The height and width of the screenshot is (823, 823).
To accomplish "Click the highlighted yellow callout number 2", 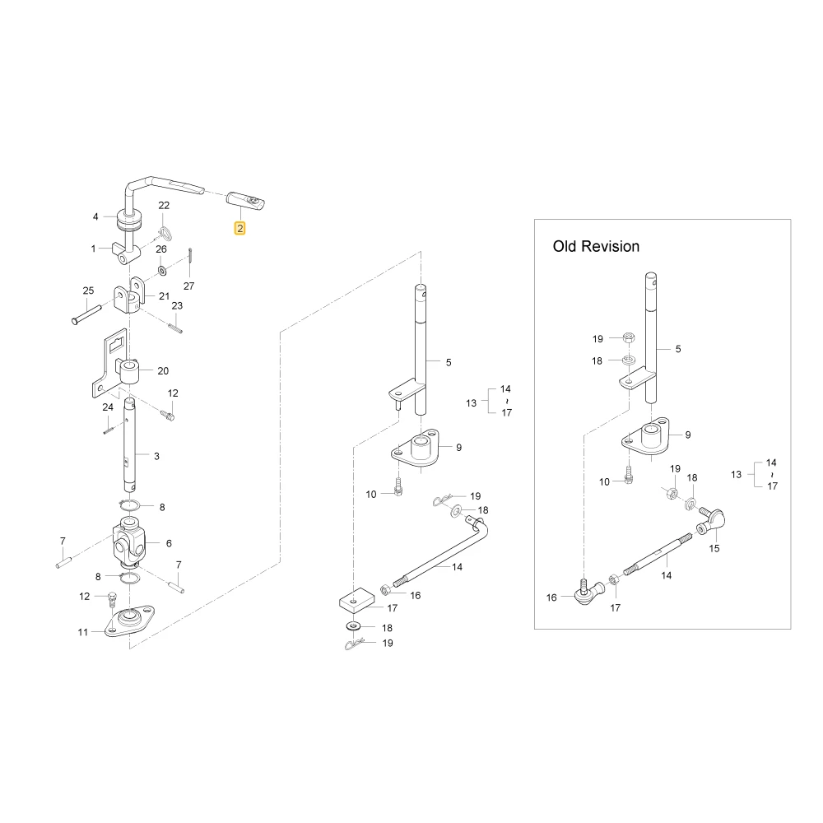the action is click(239, 228).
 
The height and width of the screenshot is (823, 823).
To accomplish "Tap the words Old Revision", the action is click(596, 246).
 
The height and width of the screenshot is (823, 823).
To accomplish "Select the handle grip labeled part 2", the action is click(245, 202).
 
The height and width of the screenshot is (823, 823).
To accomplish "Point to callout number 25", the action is click(88, 291).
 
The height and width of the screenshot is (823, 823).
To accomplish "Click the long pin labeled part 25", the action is click(86, 314).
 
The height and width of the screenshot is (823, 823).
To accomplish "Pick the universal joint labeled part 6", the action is click(129, 542).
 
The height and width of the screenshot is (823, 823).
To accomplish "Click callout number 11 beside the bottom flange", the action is click(83, 632).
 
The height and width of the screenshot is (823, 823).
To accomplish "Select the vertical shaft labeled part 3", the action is click(129, 445).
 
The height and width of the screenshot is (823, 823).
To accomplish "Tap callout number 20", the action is click(163, 371).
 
